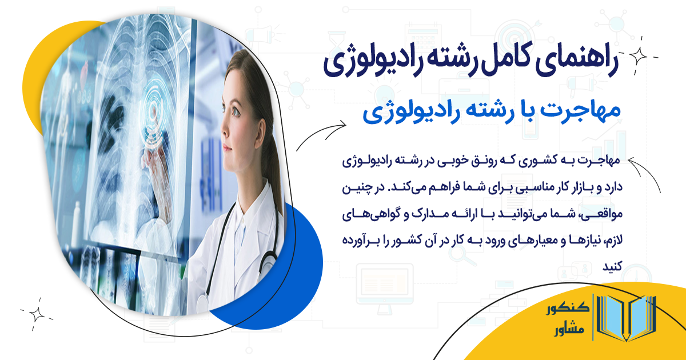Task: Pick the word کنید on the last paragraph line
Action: tap(616, 266)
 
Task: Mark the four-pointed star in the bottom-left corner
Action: tap(37, 313)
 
